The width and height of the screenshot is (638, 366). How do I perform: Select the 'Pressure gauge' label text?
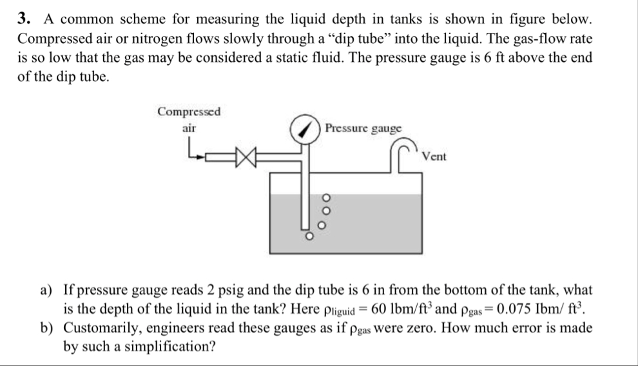pyautogui.click(x=363, y=128)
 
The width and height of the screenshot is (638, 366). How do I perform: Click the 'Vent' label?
pyautogui.click(x=434, y=157)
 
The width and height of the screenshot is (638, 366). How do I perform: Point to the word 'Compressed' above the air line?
pyautogui.click(x=189, y=111)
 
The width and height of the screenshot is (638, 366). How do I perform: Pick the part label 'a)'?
pyautogui.click(x=48, y=291)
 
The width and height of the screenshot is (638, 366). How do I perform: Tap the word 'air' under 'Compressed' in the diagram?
pyautogui.click(x=188, y=128)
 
